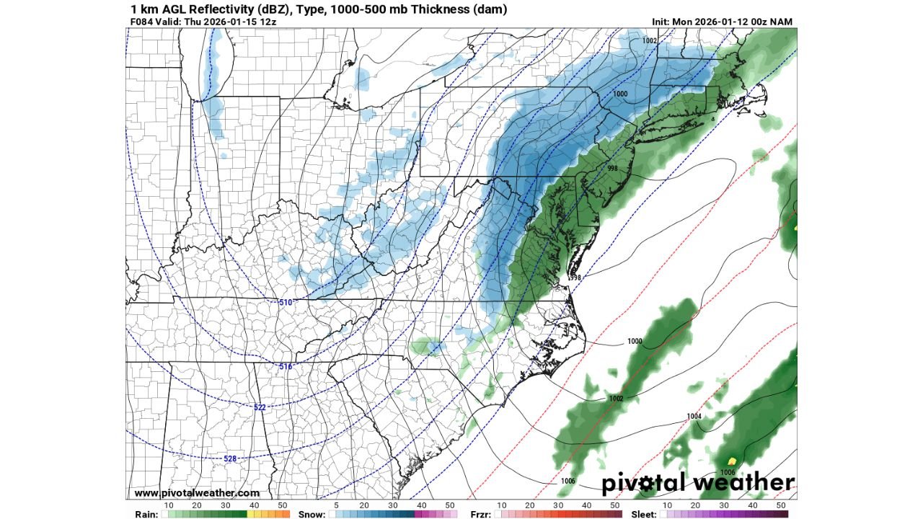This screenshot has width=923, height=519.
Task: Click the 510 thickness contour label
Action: coord(286,302)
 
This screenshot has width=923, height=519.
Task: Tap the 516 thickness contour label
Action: coord(286,367)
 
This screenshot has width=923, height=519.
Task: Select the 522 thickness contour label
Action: coord(260,407)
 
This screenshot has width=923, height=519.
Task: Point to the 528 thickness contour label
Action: coord(230,458)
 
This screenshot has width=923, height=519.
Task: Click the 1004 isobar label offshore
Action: coord(694,417)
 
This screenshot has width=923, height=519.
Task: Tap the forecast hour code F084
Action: coord(142,22)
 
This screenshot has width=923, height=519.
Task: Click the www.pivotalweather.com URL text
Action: coord(197,493)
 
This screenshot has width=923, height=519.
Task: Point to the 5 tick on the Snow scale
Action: coord(337,505)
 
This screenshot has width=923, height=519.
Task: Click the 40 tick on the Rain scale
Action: coord(254,505)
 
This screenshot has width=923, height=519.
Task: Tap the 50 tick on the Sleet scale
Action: coord(781,505)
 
